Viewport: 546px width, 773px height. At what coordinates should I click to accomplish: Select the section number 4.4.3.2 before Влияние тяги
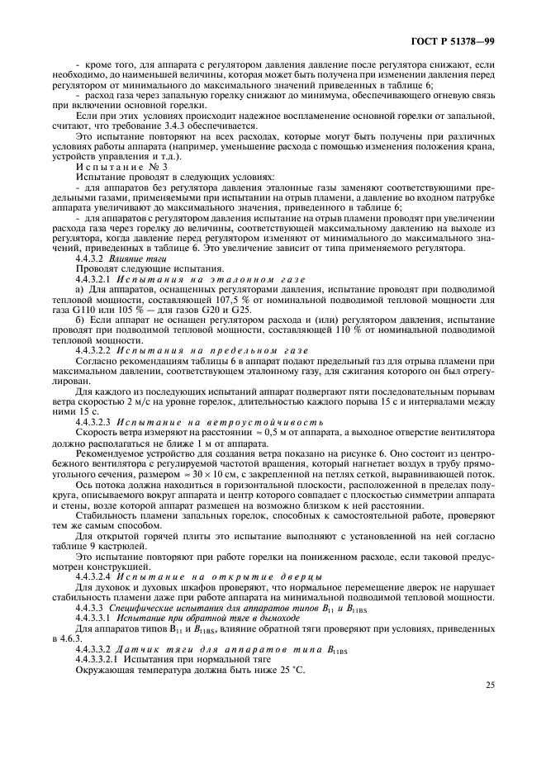click(88, 258)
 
